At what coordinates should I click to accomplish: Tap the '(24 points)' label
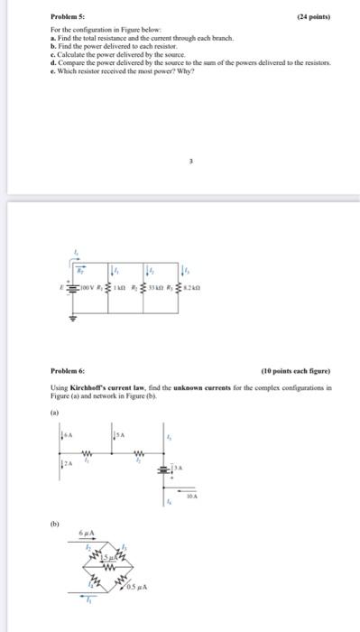click(313, 16)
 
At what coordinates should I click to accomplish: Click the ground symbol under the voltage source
click(75, 318)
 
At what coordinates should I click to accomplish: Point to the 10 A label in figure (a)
click(192, 496)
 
